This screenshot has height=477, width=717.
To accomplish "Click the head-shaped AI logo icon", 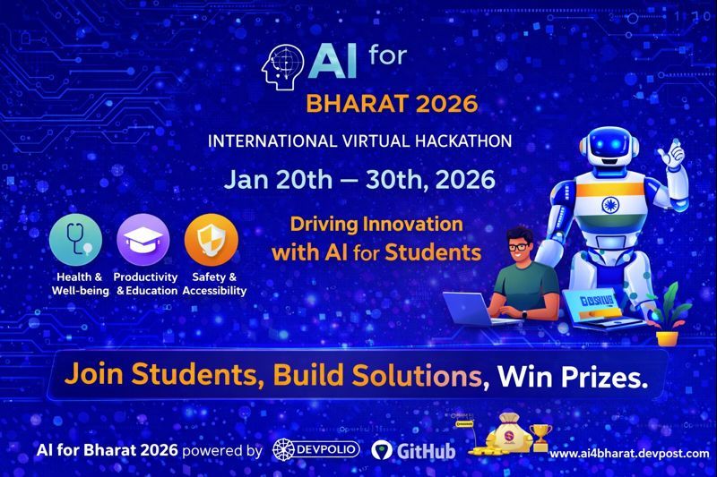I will [x=281, y=65].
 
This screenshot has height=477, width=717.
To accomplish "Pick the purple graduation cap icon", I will [x=143, y=239].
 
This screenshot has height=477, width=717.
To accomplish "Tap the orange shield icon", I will [x=212, y=239].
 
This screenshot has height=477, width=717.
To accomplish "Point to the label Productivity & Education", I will [x=147, y=284].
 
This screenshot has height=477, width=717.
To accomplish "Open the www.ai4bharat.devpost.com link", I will [x=629, y=454].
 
